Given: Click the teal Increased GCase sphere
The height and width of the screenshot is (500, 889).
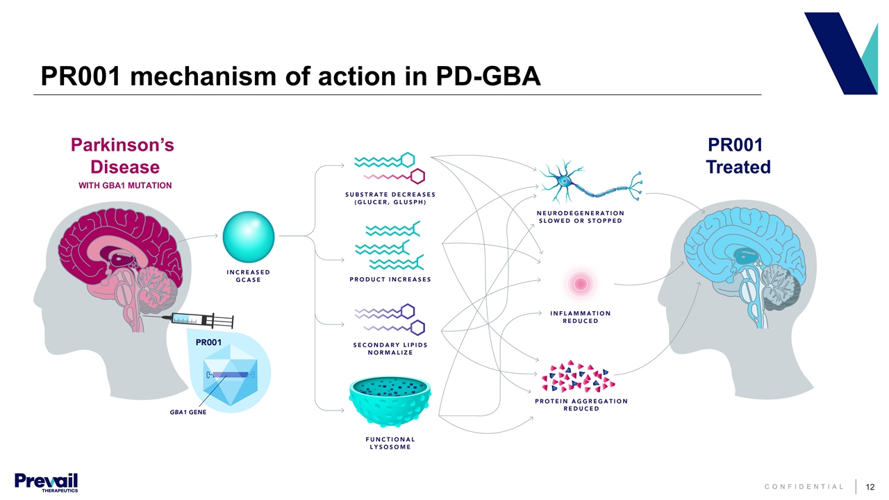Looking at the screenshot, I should [249, 237].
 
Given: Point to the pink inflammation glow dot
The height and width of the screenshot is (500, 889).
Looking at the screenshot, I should [579, 283].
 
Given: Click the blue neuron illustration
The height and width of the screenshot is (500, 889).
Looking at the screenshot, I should [590, 183].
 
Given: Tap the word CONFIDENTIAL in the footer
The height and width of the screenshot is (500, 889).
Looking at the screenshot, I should [804, 487].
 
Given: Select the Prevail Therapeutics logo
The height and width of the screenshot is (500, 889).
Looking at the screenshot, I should [46, 482].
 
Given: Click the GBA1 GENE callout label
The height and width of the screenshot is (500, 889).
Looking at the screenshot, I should [188, 412].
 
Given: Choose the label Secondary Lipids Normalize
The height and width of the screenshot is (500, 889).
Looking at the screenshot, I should [390, 349].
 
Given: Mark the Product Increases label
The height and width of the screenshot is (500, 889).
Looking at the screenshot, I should [390, 279].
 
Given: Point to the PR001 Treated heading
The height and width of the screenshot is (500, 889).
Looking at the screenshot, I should [738, 156].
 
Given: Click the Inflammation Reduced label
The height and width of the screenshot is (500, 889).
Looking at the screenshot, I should [581, 317].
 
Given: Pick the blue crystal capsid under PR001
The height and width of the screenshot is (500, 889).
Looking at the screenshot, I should [230, 376].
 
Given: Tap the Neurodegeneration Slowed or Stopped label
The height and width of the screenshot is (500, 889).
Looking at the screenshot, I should [581, 217].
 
